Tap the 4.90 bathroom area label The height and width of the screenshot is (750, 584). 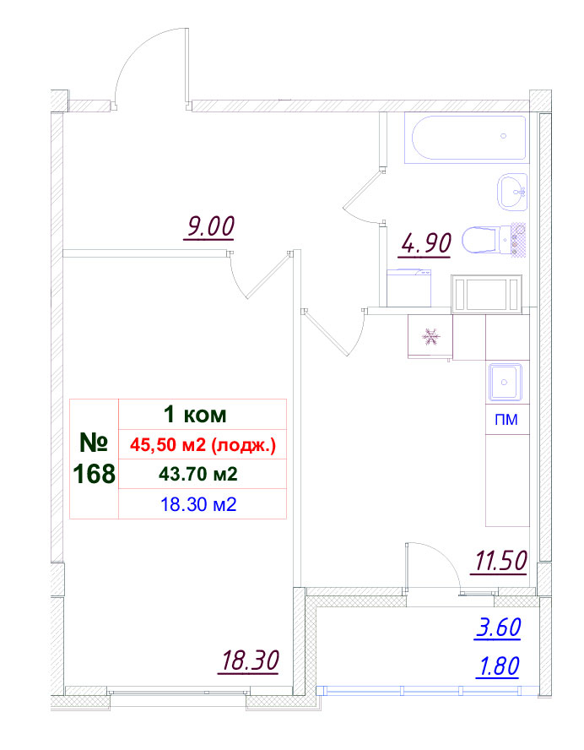tap(426, 244)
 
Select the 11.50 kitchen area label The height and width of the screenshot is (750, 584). tap(500, 561)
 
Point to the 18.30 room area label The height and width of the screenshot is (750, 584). tap(250, 661)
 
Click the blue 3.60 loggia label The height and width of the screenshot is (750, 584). tap(499, 627)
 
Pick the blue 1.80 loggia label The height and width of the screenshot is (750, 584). tap(498, 666)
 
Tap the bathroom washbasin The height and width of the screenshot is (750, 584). tap(513, 193)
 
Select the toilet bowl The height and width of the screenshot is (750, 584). tap(487, 240)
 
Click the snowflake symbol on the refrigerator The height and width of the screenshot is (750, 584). tap(430, 336)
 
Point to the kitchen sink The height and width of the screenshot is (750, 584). tap(506, 382)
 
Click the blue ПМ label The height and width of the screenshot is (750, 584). tap(506, 420)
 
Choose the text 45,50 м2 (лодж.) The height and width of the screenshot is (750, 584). tap(203, 445)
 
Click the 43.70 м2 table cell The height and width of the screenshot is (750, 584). tap(197, 475)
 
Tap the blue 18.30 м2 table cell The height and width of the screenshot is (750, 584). tap(199, 504)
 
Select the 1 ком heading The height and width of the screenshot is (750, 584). tap(195, 415)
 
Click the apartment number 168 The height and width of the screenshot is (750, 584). tap(95, 474)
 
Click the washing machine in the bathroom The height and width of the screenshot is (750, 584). tap(409, 288)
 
